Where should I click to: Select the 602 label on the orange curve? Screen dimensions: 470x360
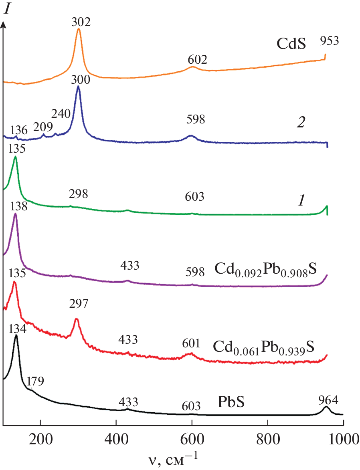[x=197, y=60]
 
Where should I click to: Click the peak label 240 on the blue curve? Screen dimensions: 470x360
[x=61, y=113]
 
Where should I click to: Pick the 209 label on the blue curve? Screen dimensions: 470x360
[x=43, y=127]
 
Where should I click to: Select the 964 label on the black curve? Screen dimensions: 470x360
[x=327, y=399]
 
